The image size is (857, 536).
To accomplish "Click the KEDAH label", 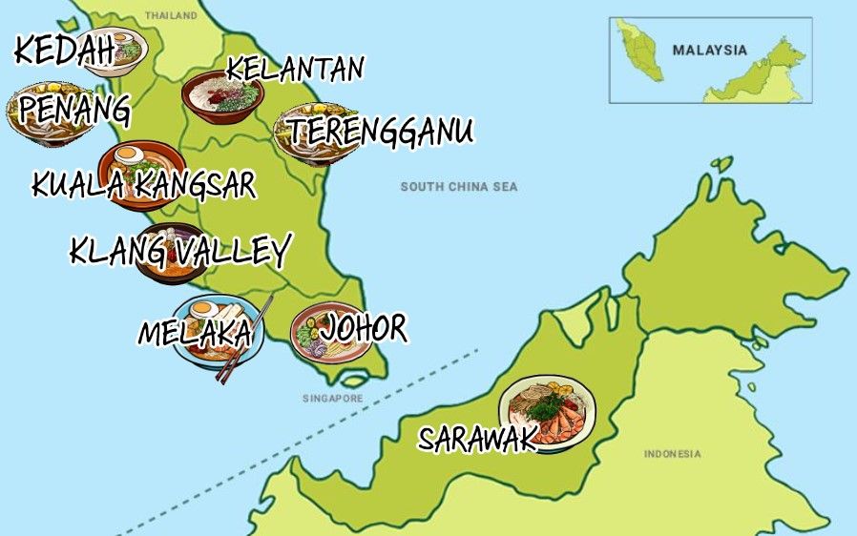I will (x=63, y=52).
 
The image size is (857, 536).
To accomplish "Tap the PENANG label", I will (x=74, y=110).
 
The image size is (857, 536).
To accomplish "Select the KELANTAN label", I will (x=295, y=69).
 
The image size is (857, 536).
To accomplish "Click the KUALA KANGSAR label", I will (x=143, y=184).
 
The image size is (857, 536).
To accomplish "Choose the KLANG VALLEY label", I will (x=179, y=252).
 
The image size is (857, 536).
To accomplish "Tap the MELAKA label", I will (x=195, y=333).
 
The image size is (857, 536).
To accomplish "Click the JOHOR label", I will (x=364, y=329).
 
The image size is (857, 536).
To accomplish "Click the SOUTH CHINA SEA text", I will (x=458, y=187).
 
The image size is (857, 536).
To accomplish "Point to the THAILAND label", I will (x=171, y=16).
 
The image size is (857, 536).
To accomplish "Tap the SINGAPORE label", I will (x=334, y=399).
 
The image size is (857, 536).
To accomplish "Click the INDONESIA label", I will (x=672, y=454).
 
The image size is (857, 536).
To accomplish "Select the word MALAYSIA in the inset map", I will (x=709, y=51).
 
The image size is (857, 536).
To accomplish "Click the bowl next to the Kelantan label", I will (x=222, y=96).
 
